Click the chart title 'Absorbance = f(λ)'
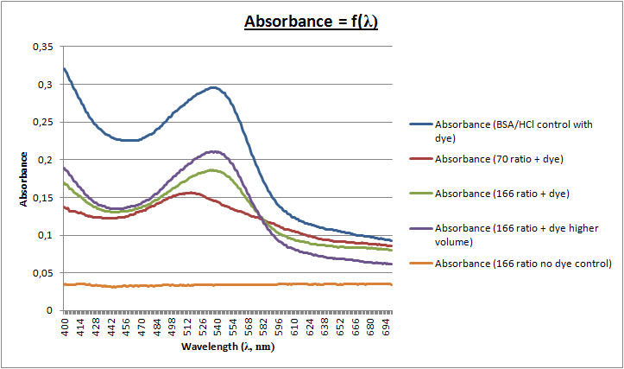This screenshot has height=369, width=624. point(312,21)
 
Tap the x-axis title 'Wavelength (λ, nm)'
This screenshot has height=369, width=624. point(230,347)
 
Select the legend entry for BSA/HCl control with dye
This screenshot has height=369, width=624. point(513,130)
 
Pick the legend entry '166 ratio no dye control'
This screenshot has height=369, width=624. point(524,263)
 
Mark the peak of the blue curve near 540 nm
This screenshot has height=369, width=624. point(212,87)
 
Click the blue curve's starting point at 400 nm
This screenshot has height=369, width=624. point(65,69)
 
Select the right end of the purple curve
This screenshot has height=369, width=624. point(391,264)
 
